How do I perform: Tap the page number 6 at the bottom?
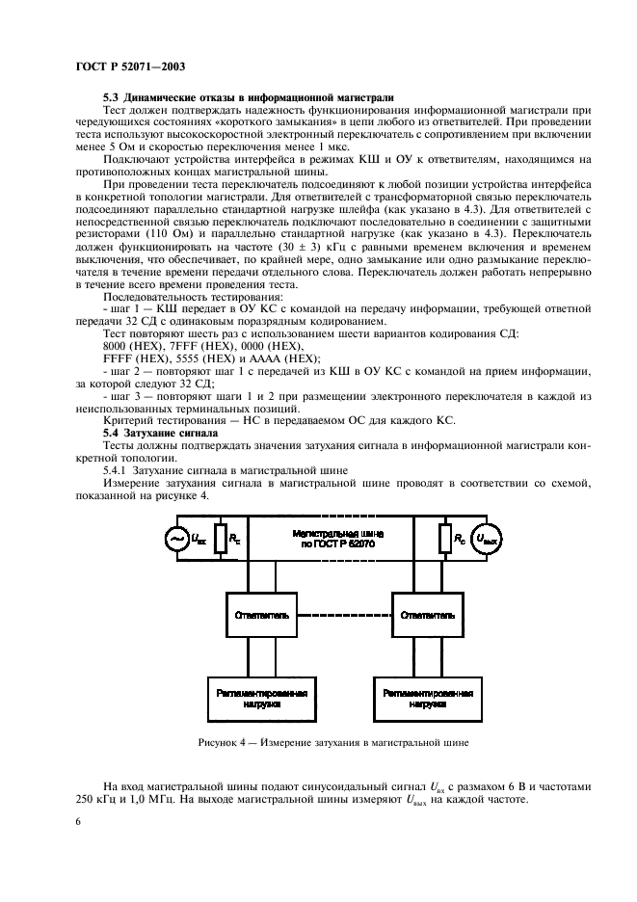pos(77,821)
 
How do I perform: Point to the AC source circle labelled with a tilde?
pos(177,540)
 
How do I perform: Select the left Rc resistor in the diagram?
pos(222,540)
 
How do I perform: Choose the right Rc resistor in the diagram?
pos(445,540)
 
